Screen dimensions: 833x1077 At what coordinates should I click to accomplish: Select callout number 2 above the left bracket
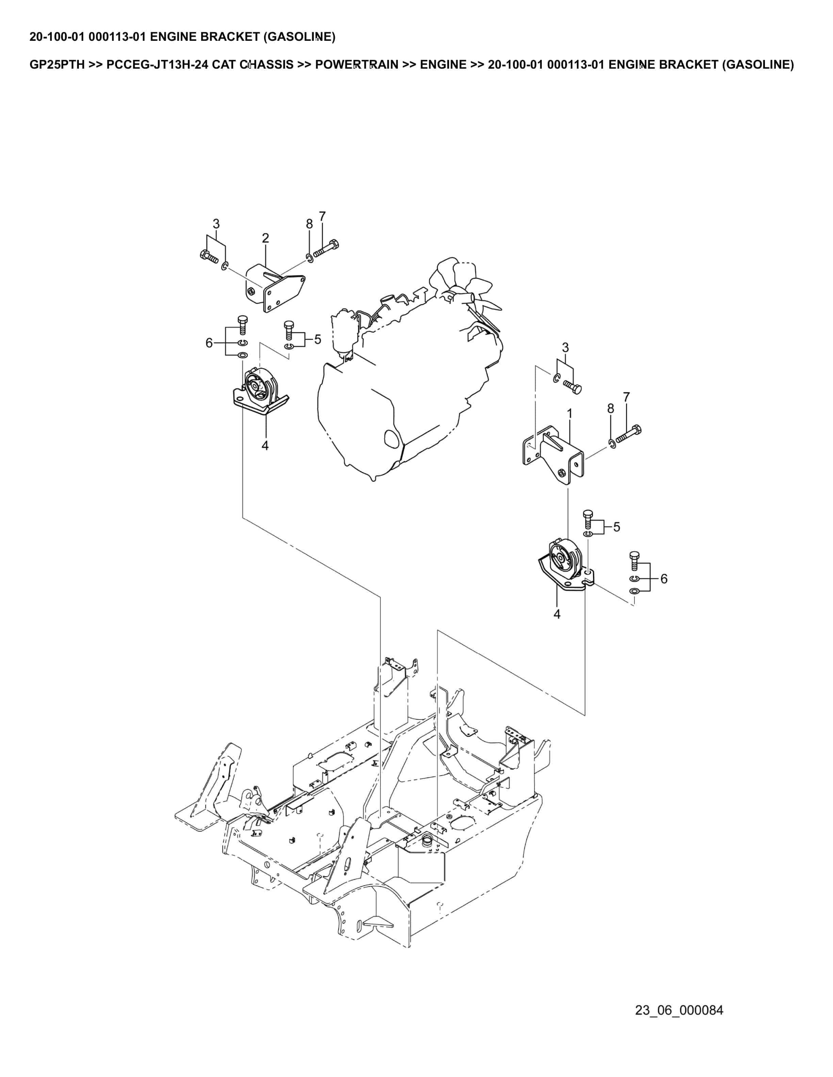(x=265, y=238)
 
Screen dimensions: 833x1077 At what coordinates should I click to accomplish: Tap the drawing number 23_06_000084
(x=679, y=1010)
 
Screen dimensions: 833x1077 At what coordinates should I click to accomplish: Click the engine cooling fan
(x=466, y=291)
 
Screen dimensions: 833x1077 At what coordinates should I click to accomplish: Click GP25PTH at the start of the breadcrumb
(x=57, y=65)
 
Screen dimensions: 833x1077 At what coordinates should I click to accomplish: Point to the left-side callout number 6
(x=209, y=343)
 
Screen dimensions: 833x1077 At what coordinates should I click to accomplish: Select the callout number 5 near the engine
(x=317, y=339)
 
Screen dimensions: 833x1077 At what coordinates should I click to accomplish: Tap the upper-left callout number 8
(x=309, y=224)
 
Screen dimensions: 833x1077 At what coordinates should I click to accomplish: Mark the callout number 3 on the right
(x=566, y=348)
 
